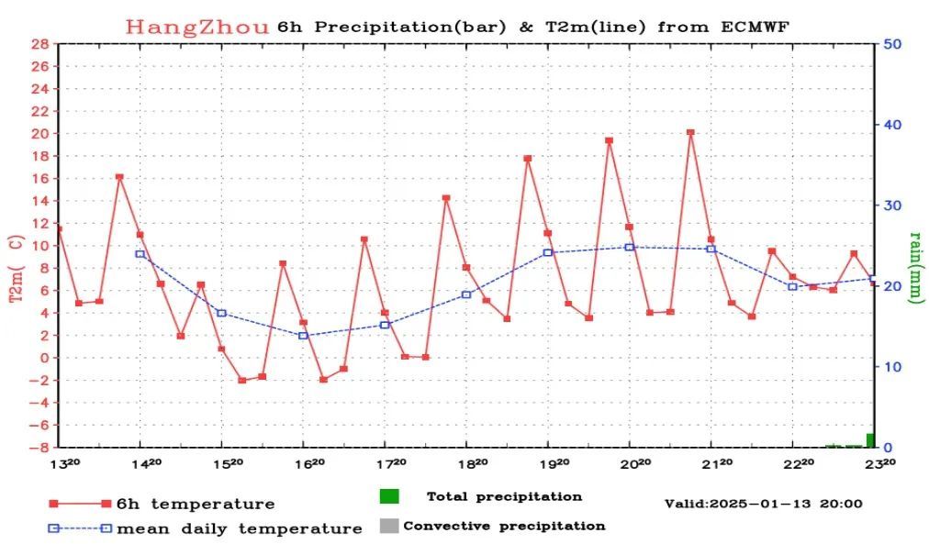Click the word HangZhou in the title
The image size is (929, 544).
click(x=197, y=27)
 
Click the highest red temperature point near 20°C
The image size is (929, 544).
click(x=690, y=132)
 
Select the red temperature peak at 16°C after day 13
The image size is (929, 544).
click(x=119, y=177)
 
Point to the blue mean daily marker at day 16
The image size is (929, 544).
click(x=303, y=336)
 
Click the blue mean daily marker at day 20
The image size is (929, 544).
click(x=630, y=247)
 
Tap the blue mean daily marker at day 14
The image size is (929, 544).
click(x=140, y=254)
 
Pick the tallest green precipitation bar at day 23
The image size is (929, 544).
click(x=870, y=440)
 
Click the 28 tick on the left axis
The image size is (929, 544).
click(x=40, y=44)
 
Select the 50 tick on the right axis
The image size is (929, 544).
click(x=891, y=44)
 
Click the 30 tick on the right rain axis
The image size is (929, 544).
click(x=891, y=205)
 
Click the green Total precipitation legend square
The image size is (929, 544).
click(x=389, y=496)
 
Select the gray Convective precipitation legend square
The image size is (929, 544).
click(x=389, y=527)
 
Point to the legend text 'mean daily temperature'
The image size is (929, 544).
click(x=240, y=528)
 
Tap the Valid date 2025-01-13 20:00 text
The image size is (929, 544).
click(x=763, y=504)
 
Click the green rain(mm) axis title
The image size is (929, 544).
click(x=916, y=266)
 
